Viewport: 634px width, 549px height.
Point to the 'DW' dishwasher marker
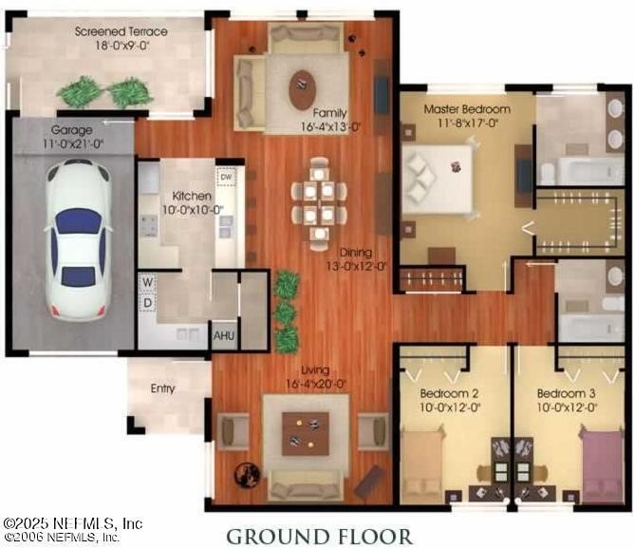point(226,177)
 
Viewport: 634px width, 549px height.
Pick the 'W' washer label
point(148,282)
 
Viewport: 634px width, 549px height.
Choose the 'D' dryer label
point(148,303)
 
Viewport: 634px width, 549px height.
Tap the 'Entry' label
point(162,388)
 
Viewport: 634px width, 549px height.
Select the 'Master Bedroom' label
point(467,108)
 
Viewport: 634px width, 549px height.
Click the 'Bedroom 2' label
point(450,393)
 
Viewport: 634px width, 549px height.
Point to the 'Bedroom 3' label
point(567,393)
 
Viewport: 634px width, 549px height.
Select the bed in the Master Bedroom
point(438,178)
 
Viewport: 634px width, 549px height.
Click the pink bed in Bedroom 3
point(603,464)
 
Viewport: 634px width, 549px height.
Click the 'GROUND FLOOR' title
point(319,537)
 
